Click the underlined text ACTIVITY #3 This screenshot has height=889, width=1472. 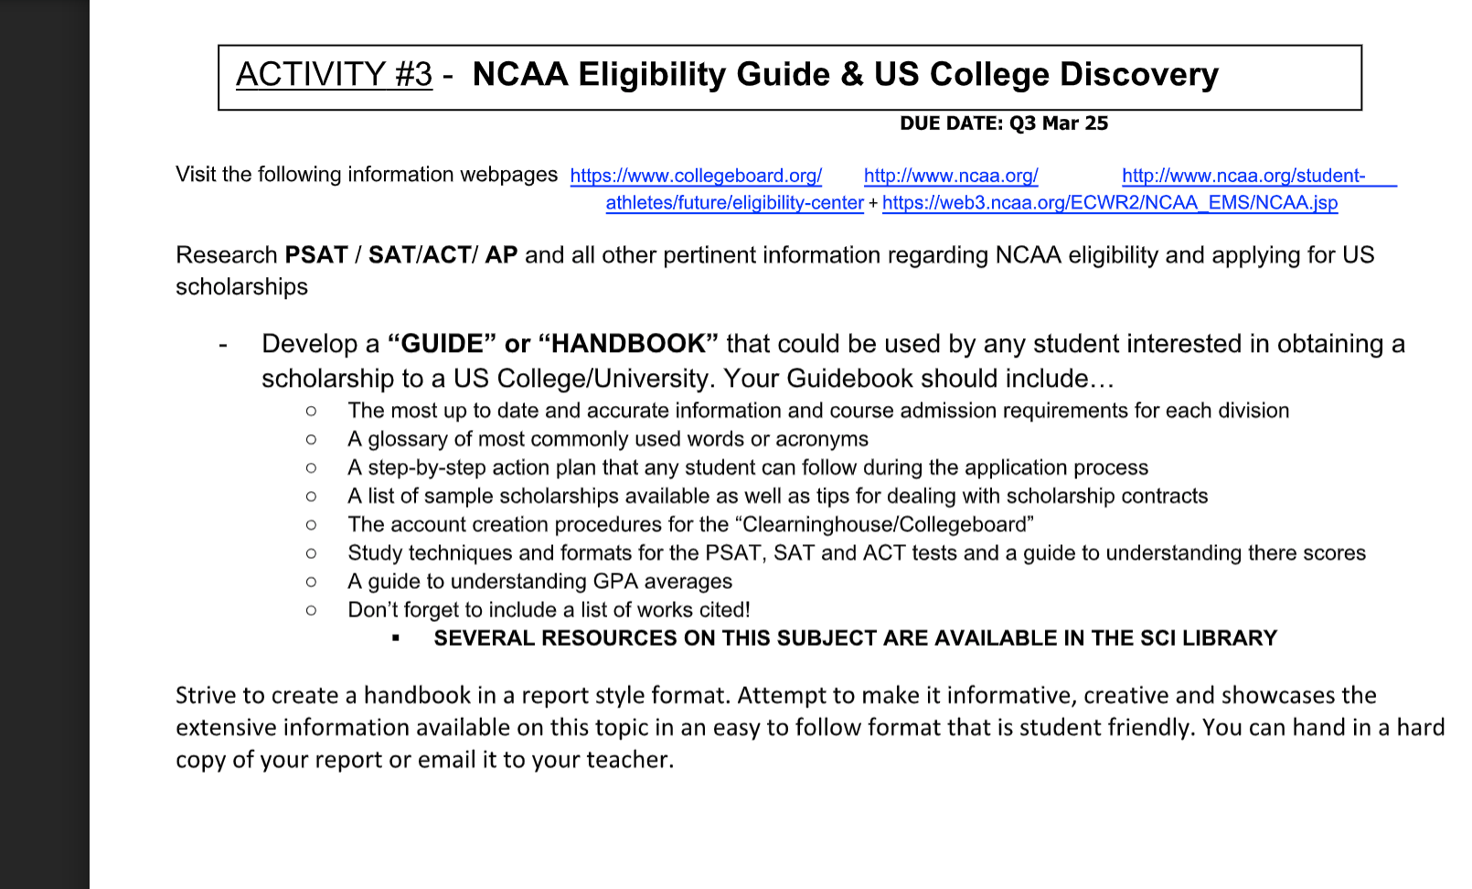tap(334, 74)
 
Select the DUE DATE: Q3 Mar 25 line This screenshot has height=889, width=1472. tap(1003, 123)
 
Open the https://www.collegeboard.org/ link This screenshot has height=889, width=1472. tap(696, 176)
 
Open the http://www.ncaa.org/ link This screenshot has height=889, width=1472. tap(951, 176)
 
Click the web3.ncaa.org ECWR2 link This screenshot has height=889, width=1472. tap(1109, 203)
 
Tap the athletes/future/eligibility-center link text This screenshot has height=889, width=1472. tap(734, 203)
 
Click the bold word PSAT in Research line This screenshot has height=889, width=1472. tap(316, 255)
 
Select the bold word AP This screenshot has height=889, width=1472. tap(501, 255)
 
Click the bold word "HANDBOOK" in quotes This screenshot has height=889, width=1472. tap(628, 344)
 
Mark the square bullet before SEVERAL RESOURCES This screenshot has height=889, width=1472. tap(396, 638)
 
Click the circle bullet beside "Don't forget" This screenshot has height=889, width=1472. tap(312, 610)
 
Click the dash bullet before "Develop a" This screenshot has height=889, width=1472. tap(222, 345)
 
